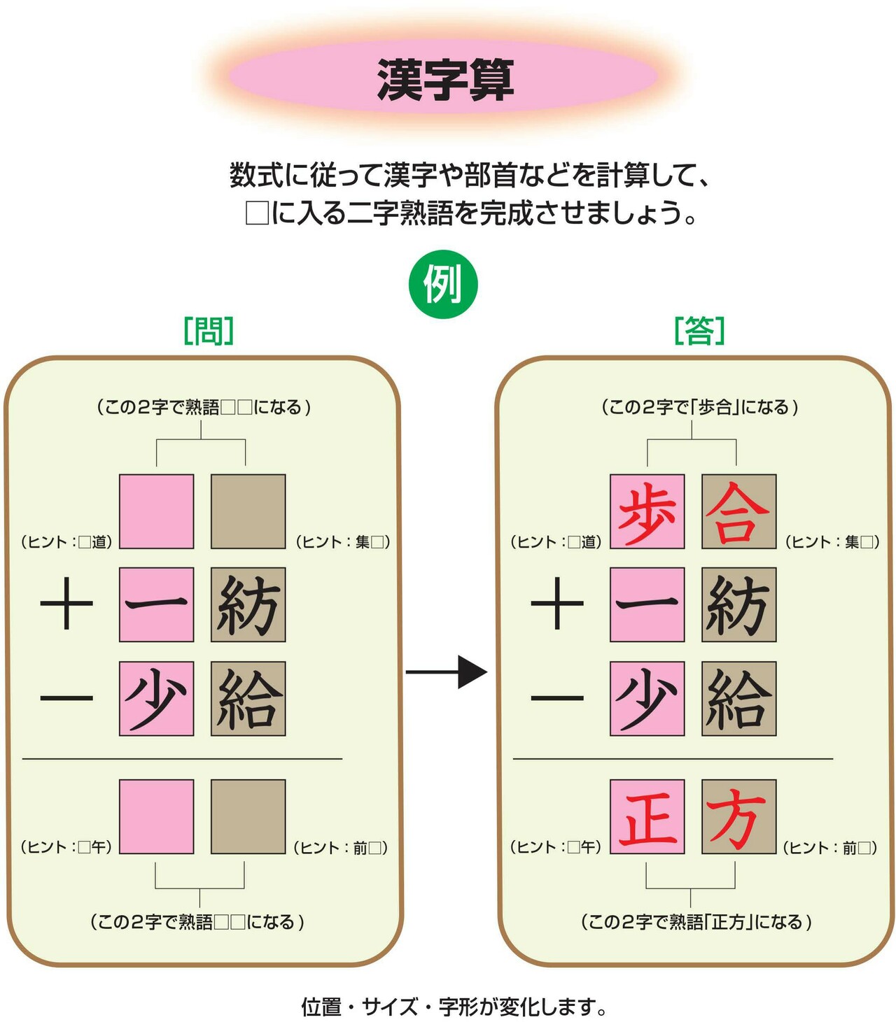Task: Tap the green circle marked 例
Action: click(442, 284)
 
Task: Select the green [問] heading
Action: click(209, 331)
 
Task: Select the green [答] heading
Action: click(699, 331)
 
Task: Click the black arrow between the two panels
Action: click(446, 672)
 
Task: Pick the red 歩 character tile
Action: click(647, 511)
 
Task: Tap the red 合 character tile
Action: click(738, 511)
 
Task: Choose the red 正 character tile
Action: click(647, 817)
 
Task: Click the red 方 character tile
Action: click(738, 817)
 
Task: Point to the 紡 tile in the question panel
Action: click(248, 604)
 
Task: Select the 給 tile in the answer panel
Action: click(738, 699)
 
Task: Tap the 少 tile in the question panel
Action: click(157, 699)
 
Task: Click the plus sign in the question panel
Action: click(66, 603)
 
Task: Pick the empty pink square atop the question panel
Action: click(157, 511)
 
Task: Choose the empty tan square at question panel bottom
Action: click(248, 817)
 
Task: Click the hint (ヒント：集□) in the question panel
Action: click(343, 542)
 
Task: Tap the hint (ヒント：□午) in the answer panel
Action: click(556, 847)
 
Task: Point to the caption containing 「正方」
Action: click(696, 922)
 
